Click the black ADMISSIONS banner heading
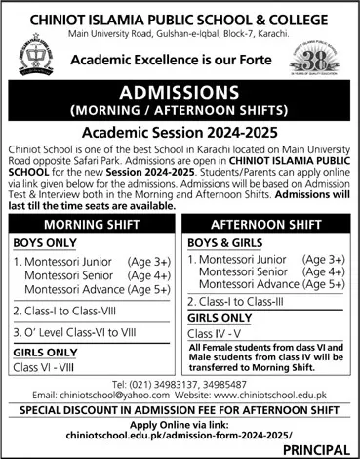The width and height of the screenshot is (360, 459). (180, 93)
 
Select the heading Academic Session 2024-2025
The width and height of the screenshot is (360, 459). (180, 129)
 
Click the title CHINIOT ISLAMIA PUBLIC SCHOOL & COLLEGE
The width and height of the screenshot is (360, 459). (180, 12)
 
